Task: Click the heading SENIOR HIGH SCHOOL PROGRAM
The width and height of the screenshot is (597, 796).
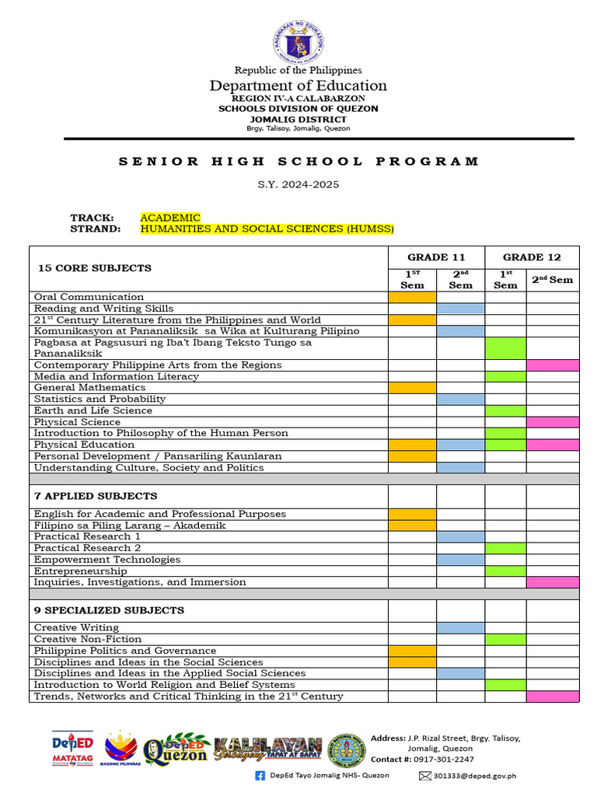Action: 298,162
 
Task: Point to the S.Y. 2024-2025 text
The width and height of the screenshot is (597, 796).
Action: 298,185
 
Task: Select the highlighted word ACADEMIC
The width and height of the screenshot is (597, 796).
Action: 170,218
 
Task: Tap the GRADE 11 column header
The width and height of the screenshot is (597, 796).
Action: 436,257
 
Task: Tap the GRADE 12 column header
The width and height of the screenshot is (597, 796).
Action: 532,257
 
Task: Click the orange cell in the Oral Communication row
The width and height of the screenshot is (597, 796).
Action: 412,297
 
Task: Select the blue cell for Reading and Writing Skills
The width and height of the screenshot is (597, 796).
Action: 460,309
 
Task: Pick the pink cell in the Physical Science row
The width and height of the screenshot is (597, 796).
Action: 553,422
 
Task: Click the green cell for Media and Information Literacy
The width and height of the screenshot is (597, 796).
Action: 505,376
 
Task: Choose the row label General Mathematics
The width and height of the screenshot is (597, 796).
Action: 89,388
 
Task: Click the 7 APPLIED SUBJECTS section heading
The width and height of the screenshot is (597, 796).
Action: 97,496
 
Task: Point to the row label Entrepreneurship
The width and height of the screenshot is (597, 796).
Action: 80,571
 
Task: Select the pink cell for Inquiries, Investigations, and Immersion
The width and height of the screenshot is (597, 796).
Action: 553,582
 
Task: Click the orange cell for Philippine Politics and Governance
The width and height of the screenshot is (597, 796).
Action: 412,651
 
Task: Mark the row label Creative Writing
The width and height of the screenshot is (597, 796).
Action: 76,627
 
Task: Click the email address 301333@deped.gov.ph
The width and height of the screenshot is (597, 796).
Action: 474,776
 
